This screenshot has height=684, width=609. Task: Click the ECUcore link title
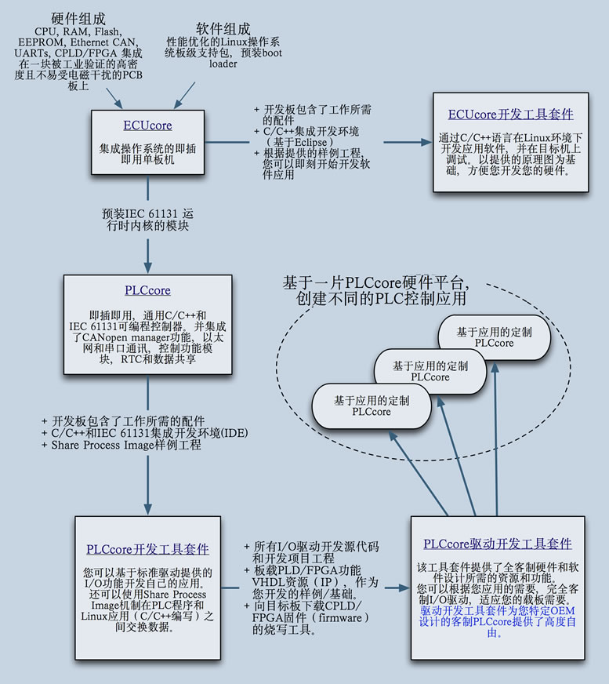click(147, 126)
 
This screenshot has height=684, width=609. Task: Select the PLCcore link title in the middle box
click(147, 290)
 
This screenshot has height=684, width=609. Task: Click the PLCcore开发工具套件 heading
click(147, 549)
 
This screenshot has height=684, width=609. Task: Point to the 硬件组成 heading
click(78, 18)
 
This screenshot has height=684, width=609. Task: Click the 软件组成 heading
click(223, 28)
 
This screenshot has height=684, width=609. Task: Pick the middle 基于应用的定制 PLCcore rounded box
click(430, 371)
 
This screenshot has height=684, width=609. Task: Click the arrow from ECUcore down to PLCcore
click(147, 251)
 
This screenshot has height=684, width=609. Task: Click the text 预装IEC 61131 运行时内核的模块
click(147, 219)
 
